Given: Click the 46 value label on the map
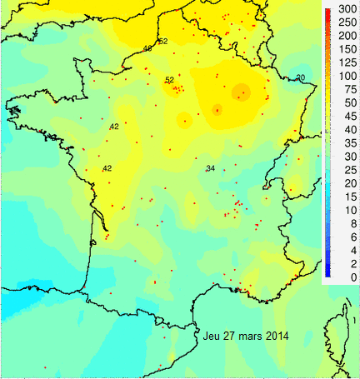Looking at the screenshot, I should pos(147,48).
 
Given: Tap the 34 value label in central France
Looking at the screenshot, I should pos(210,168).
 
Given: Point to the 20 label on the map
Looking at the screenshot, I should pos(300,77).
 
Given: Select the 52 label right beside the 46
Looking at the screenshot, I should pos(162,41).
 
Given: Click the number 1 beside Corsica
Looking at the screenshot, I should pos(354,320).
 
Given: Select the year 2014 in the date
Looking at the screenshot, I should pos(277,337).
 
